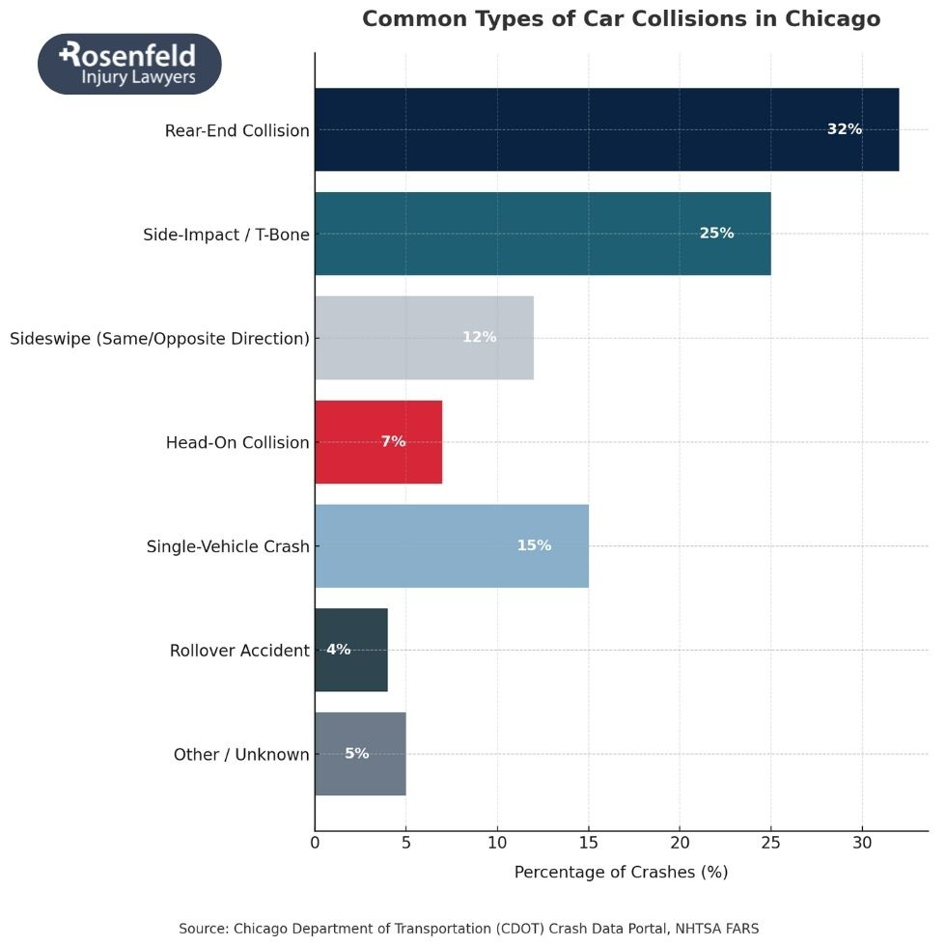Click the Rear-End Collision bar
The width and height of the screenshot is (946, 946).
pos(606,129)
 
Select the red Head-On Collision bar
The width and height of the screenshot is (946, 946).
pos(378,442)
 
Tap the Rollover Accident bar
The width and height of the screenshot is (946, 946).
pos(351,650)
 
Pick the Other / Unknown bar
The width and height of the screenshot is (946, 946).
pos(360,754)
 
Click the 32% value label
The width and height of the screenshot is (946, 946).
pos(844,129)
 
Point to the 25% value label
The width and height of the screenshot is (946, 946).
pos(716,234)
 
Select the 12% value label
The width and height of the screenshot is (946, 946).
pos(479,338)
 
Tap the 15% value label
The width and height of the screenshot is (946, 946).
pos(534,546)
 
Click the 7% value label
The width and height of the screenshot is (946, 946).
pos(393,442)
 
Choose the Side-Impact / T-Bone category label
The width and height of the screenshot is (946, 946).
pos(226,234)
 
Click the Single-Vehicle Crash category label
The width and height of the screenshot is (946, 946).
pos(228,546)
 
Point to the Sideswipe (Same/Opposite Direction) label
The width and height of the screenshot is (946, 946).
pos(159,338)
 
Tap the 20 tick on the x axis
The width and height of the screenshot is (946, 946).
pos(680,842)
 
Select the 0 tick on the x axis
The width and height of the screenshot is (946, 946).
pos(315,842)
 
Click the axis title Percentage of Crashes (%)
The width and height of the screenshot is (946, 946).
pos(621,873)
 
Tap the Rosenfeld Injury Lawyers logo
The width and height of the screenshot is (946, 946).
pos(129,64)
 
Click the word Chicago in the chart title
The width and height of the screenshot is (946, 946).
pos(832,19)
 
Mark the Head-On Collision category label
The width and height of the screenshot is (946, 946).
pos(237,442)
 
